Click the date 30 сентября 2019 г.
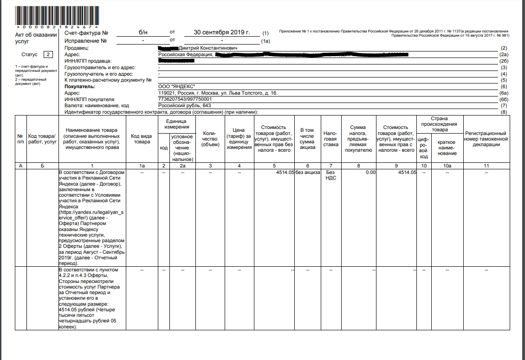pyautogui.click(x=222, y=32)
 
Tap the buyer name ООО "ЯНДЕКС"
pyautogui.click(x=177, y=86)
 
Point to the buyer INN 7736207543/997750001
pyautogui.click(x=185, y=99)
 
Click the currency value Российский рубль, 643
pyautogui.click(x=184, y=105)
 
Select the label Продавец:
pyautogui.click(x=77, y=48)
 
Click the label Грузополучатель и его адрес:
pyautogui.click(x=99, y=74)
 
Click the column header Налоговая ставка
pyautogui.click(x=330, y=139)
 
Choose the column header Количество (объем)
pyautogui.click(x=210, y=139)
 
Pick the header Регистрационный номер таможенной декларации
pyautogui.click(x=486, y=139)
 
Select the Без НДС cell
pyautogui.click(x=330, y=175)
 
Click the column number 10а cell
pyautogui.click(x=447, y=166)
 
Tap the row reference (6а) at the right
pyautogui.click(x=503, y=93)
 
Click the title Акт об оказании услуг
pyautogui.click(x=36, y=38)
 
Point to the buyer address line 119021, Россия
pyautogui.click(x=218, y=93)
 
